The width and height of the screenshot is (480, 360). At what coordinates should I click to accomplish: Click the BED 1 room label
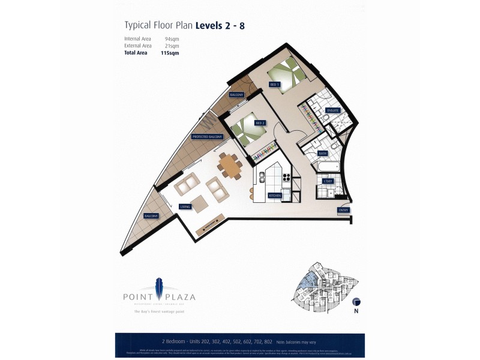click(x=275, y=85)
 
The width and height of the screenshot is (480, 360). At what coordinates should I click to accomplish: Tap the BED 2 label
click(x=260, y=122)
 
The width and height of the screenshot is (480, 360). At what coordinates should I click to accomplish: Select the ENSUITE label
click(x=333, y=110)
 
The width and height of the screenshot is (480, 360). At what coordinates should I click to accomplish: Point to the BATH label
click(x=322, y=154)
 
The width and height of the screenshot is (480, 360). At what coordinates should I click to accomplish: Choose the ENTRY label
click(x=343, y=210)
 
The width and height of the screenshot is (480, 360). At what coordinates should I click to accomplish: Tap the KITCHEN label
click(x=274, y=196)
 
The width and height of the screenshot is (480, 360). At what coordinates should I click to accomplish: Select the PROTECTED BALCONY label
click(x=207, y=137)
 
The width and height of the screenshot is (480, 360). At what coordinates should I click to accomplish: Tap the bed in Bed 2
click(x=244, y=130)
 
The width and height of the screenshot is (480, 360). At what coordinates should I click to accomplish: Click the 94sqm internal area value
click(x=172, y=39)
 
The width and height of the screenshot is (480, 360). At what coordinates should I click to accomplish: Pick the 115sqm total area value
click(x=170, y=53)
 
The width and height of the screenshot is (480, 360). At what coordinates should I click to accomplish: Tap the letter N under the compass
click(x=356, y=312)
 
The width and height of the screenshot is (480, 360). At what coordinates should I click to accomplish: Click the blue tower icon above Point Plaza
click(x=160, y=284)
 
